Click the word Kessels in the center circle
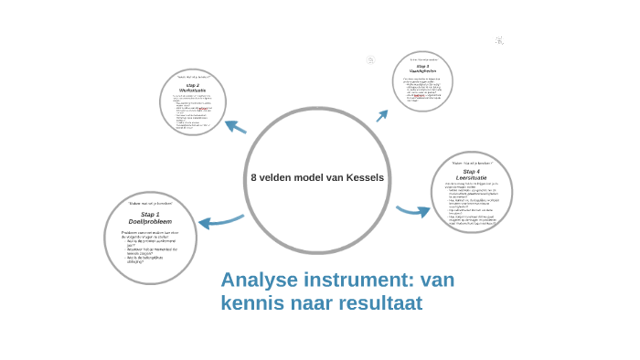pos(365,177)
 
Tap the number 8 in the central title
pos(254,177)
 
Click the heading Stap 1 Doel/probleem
pos(150,217)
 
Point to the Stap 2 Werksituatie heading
pos(193,88)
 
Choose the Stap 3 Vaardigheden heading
pos(422,69)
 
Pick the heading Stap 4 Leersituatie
pos(471,174)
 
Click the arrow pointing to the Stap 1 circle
pos(219,221)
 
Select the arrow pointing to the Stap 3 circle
pos(382,115)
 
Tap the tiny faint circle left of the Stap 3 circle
pos(371,60)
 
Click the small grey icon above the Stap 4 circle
pos(499,40)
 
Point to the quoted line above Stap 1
pos(150,203)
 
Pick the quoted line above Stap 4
pos(471,163)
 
